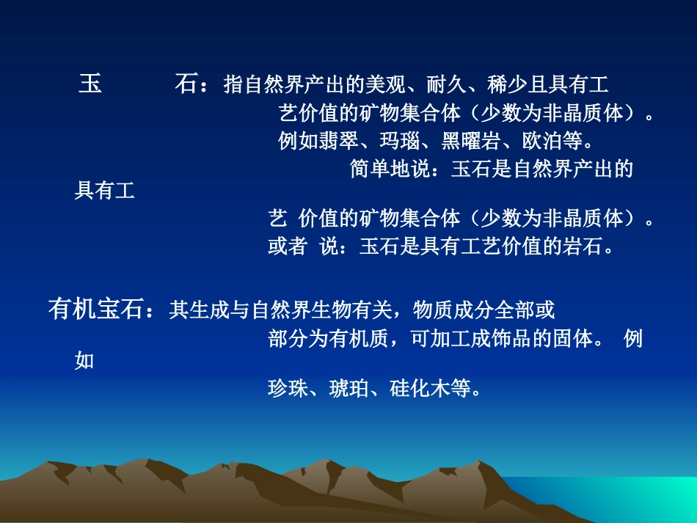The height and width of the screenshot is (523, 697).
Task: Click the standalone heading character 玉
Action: [90, 85]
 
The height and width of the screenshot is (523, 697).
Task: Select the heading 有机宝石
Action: [95, 310]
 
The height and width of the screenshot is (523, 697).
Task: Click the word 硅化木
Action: [420, 388]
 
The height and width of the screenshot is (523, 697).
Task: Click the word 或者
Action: [288, 246]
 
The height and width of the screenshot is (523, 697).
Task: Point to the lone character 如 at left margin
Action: [85, 361]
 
